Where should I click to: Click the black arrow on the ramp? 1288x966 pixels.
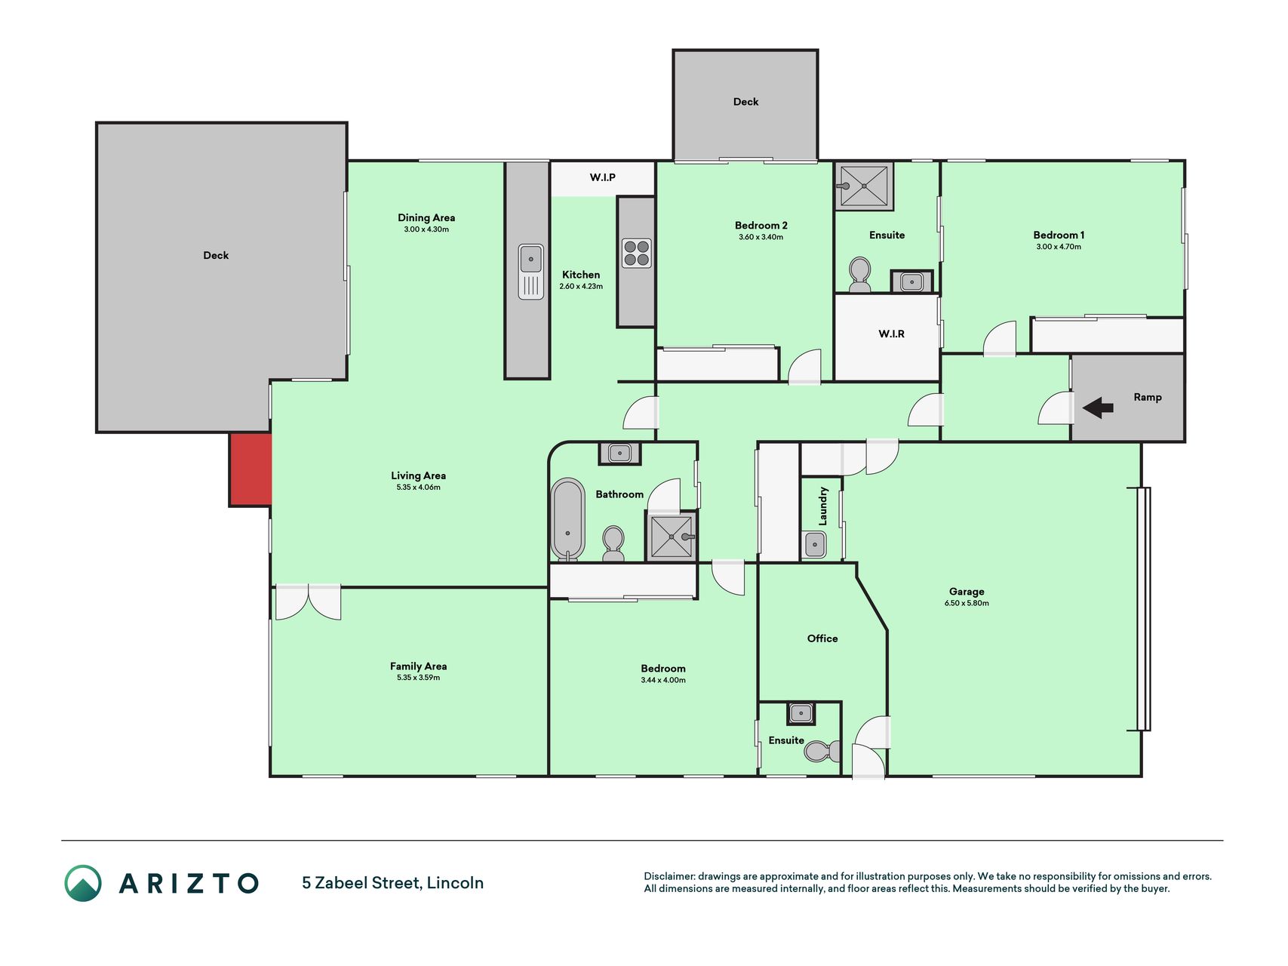tap(1098, 408)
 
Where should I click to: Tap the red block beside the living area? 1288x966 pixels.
tap(251, 469)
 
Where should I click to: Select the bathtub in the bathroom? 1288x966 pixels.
tap(568, 519)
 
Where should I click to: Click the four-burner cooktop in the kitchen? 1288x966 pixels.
tap(637, 254)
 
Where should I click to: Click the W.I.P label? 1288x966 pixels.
tap(603, 177)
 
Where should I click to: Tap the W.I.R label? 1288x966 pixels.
tap(891, 334)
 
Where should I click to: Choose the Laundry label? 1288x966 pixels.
tap(823, 506)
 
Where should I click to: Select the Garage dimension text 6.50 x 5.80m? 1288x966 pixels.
tap(967, 603)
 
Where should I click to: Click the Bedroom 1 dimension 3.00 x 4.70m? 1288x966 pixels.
tap(1059, 247)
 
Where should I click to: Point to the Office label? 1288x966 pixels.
tap(822, 638)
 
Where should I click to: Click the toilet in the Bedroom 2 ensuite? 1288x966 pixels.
tap(859, 275)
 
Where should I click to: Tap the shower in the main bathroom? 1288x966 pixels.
tap(672, 537)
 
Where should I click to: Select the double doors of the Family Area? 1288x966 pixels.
tap(308, 602)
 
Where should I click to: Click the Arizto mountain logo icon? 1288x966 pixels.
tap(83, 883)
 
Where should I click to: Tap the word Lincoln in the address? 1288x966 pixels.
tap(455, 883)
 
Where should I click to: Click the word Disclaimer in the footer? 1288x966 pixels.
tap(669, 876)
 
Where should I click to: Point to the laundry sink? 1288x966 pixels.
tap(814, 544)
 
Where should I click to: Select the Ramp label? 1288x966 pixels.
tap(1148, 398)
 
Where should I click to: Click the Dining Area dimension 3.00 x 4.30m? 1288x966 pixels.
tap(426, 229)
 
